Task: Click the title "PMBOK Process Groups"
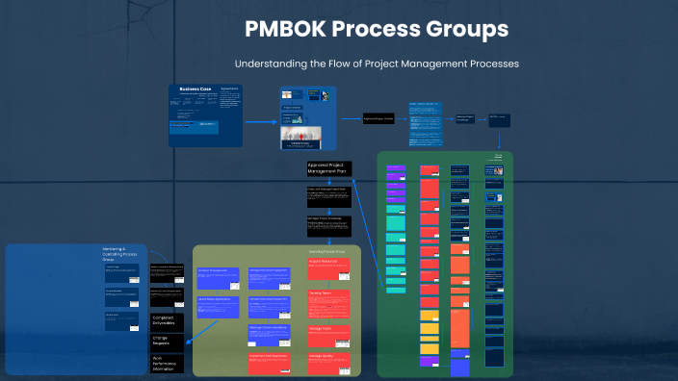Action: (377, 30)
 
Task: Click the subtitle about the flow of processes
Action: (377, 63)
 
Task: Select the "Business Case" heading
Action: (194, 89)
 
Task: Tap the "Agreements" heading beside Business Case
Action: (229, 89)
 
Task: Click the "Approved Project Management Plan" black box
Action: (329, 168)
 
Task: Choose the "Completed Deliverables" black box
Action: (169, 320)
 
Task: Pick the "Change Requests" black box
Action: (169, 341)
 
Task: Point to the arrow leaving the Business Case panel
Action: (259, 122)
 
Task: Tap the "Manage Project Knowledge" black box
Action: (329, 225)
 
